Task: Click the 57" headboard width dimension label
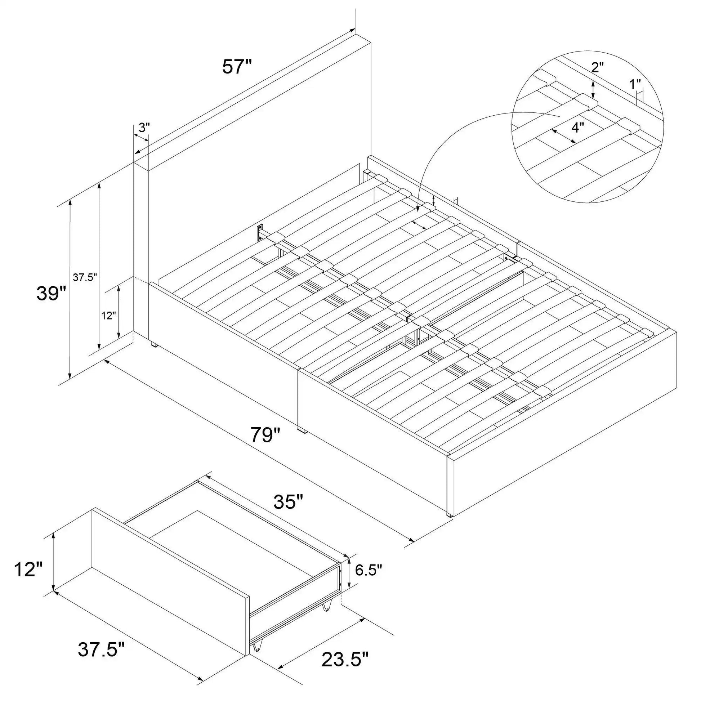[237, 67]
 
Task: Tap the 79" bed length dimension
[266, 434]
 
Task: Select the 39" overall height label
[51, 293]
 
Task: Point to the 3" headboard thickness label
[144, 128]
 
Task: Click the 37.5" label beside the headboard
[85, 278]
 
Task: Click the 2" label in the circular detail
[597, 67]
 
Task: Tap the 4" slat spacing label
[578, 128]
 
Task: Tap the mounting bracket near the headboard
[260, 232]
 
